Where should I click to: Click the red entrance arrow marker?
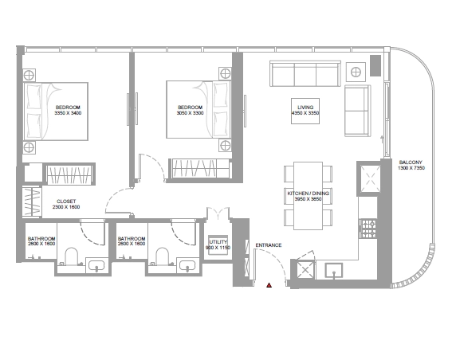[x=269, y=285]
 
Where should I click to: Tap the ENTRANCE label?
[x=269, y=245]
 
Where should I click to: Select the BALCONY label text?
[x=411, y=162]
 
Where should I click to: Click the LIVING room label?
[x=305, y=108]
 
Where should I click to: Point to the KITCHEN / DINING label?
[x=309, y=194]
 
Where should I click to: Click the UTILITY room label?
[x=218, y=242]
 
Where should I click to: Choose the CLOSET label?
[x=66, y=202]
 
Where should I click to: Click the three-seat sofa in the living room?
[x=305, y=73]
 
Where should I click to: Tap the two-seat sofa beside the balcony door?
[x=358, y=111]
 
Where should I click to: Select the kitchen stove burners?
[x=368, y=229]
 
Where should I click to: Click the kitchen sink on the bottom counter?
[x=334, y=271]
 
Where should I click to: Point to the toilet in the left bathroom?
[x=71, y=256]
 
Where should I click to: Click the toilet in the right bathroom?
[x=163, y=256]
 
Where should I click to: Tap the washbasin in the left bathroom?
[x=96, y=265]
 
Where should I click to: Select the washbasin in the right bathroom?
[x=187, y=265]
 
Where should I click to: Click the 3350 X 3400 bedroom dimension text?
[x=68, y=113]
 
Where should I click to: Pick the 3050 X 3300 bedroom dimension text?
[x=191, y=113]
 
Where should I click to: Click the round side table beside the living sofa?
[x=356, y=72]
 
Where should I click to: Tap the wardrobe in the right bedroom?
[x=201, y=169]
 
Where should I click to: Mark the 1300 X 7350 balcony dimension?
[x=411, y=168]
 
